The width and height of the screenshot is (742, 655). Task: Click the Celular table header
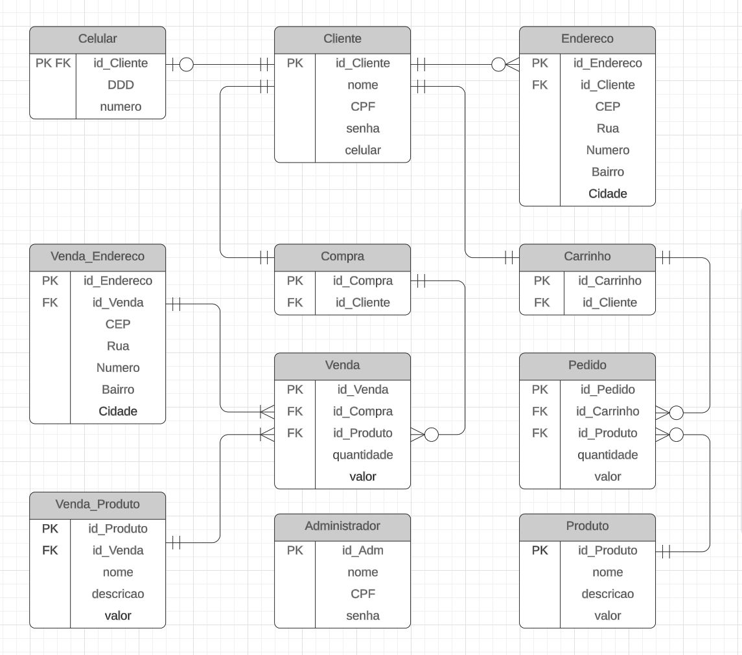click(97, 39)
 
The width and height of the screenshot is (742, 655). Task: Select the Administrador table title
click(343, 526)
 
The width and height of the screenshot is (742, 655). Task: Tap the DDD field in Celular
click(121, 85)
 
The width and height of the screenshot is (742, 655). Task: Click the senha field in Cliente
click(363, 129)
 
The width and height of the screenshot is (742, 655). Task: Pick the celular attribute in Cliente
click(363, 150)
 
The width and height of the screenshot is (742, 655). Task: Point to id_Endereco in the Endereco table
click(608, 63)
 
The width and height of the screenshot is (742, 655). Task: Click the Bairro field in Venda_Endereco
click(118, 390)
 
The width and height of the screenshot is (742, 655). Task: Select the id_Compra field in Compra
click(363, 281)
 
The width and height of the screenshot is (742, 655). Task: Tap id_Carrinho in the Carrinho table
click(610, 281)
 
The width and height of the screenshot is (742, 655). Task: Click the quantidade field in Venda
click(363, 455)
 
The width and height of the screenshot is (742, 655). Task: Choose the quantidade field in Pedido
click(608, 455)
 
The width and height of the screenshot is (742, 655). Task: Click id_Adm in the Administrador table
click(363, 551)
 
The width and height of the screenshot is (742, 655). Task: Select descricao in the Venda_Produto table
click(118, 594)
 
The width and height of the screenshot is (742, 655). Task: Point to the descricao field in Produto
click(608, 594)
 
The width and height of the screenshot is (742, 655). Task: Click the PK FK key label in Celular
click(53, 63)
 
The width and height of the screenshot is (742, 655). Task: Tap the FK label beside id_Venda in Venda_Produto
click(50, 551)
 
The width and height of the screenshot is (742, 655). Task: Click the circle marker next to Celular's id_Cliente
click(187, 64)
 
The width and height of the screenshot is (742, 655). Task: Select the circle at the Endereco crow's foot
click(498, 64)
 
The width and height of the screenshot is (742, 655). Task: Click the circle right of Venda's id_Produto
click(432, 435)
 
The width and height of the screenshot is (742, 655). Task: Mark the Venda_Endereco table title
click(97, 257)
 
